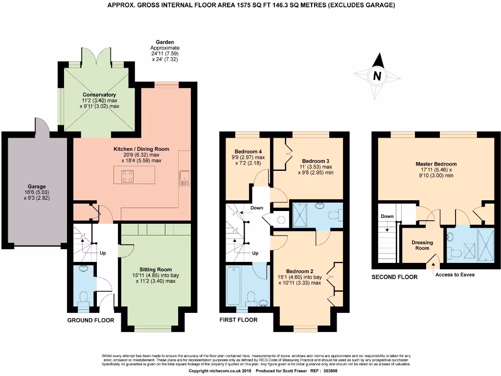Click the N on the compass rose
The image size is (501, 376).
(x=377, y=76)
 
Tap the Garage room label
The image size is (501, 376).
(x=37, y=187)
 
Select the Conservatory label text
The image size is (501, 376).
(x=99, y=94)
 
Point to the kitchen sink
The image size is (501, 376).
(x=184, y=178)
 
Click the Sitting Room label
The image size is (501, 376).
(x=156, y=269)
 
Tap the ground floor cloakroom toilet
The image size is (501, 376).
(x=83, y=298)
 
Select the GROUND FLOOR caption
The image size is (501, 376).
(x=91, y=321)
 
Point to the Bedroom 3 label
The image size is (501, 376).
(x=316, y=161)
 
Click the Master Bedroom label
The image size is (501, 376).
(x=436, y=164)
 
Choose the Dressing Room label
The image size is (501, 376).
(x=420, y=245)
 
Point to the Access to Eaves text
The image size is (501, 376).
(x=455, y=275)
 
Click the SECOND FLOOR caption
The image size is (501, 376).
(x=394, y=277)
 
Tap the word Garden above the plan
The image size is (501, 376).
(x=165, y=43)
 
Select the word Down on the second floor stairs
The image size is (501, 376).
(x=387, y=216)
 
